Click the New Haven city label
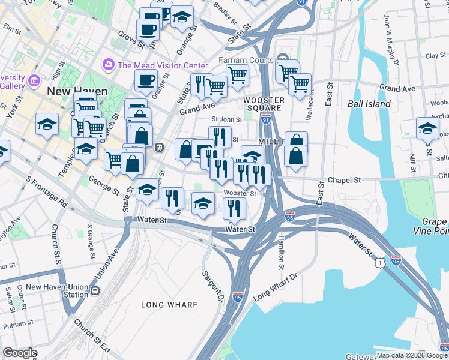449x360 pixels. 77,91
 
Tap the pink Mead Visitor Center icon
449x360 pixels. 109,64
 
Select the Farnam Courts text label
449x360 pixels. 245,61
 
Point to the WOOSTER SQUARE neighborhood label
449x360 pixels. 262,104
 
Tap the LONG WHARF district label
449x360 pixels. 169,305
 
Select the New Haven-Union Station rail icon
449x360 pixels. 95,291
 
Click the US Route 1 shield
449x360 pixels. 378,261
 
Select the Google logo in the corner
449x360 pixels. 20,353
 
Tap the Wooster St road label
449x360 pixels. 240,193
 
